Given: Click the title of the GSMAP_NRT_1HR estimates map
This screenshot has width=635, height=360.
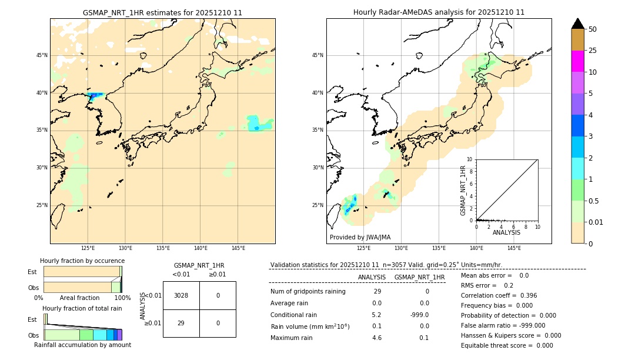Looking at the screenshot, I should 162,12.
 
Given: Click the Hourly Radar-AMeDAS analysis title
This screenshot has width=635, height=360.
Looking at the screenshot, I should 439,12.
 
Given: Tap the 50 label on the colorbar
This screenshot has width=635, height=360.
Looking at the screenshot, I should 593,29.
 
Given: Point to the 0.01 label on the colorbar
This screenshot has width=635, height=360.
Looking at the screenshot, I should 596,222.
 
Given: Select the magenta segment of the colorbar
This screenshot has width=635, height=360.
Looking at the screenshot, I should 578,61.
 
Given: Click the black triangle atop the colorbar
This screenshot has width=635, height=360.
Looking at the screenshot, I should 578,24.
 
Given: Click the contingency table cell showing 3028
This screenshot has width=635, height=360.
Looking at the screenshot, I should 181,295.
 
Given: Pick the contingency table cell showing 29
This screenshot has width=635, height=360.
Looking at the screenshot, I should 181,323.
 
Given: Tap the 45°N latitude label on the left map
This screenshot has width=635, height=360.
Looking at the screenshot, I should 42,55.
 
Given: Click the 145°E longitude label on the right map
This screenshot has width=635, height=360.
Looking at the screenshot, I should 514,248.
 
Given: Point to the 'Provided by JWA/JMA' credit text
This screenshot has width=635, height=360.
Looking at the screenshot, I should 360,238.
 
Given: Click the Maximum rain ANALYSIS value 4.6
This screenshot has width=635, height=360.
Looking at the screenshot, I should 377,338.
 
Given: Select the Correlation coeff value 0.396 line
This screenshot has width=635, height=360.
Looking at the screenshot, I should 499,295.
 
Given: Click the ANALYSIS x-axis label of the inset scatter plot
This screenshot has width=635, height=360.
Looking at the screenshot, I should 506,232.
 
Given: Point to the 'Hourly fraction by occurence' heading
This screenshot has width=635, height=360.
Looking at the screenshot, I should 82,261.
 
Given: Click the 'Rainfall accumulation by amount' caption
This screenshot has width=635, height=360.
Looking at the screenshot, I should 82,345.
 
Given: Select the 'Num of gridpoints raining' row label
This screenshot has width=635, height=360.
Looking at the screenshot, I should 308,292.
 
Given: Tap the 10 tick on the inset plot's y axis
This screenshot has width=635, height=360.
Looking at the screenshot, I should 470,159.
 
